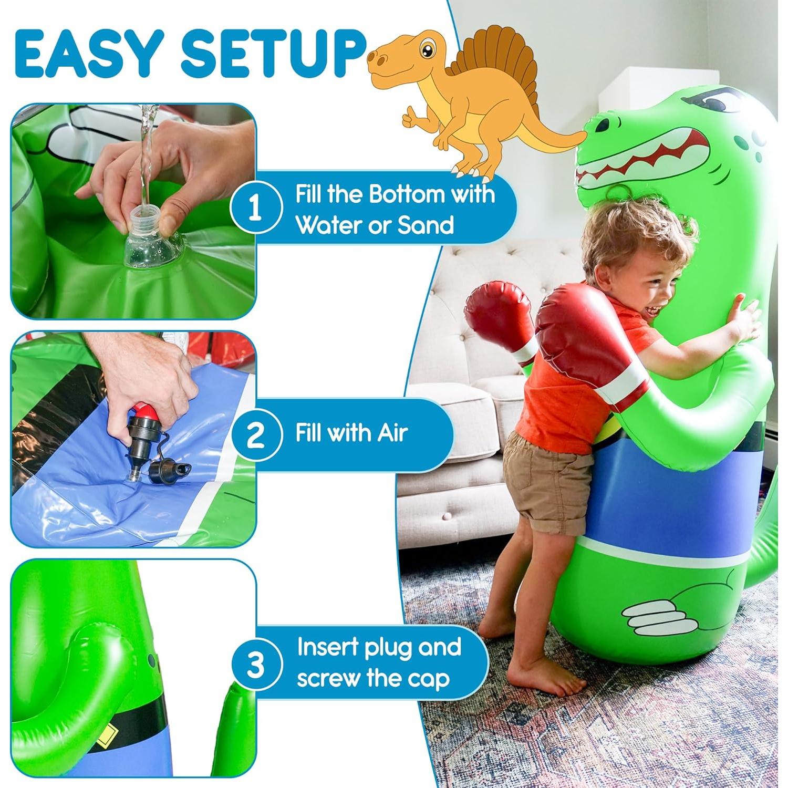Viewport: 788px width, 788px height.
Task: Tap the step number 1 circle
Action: [255, 209]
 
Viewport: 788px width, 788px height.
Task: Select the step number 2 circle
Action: [255, 435]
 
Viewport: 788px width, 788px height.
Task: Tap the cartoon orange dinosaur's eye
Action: [428, 52]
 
